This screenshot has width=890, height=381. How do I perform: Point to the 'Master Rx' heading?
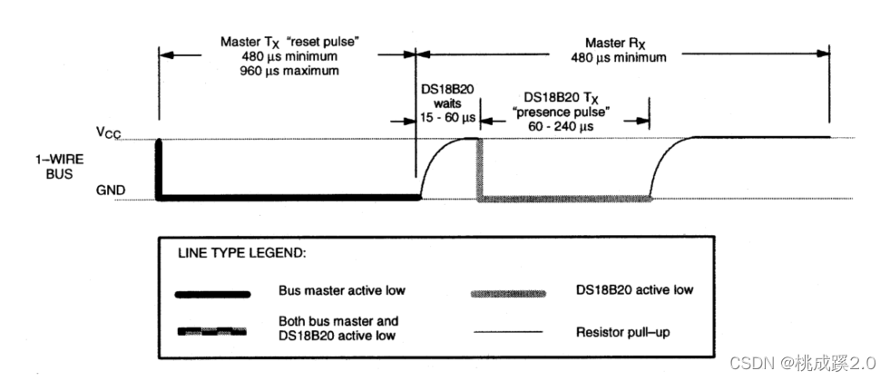625,42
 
